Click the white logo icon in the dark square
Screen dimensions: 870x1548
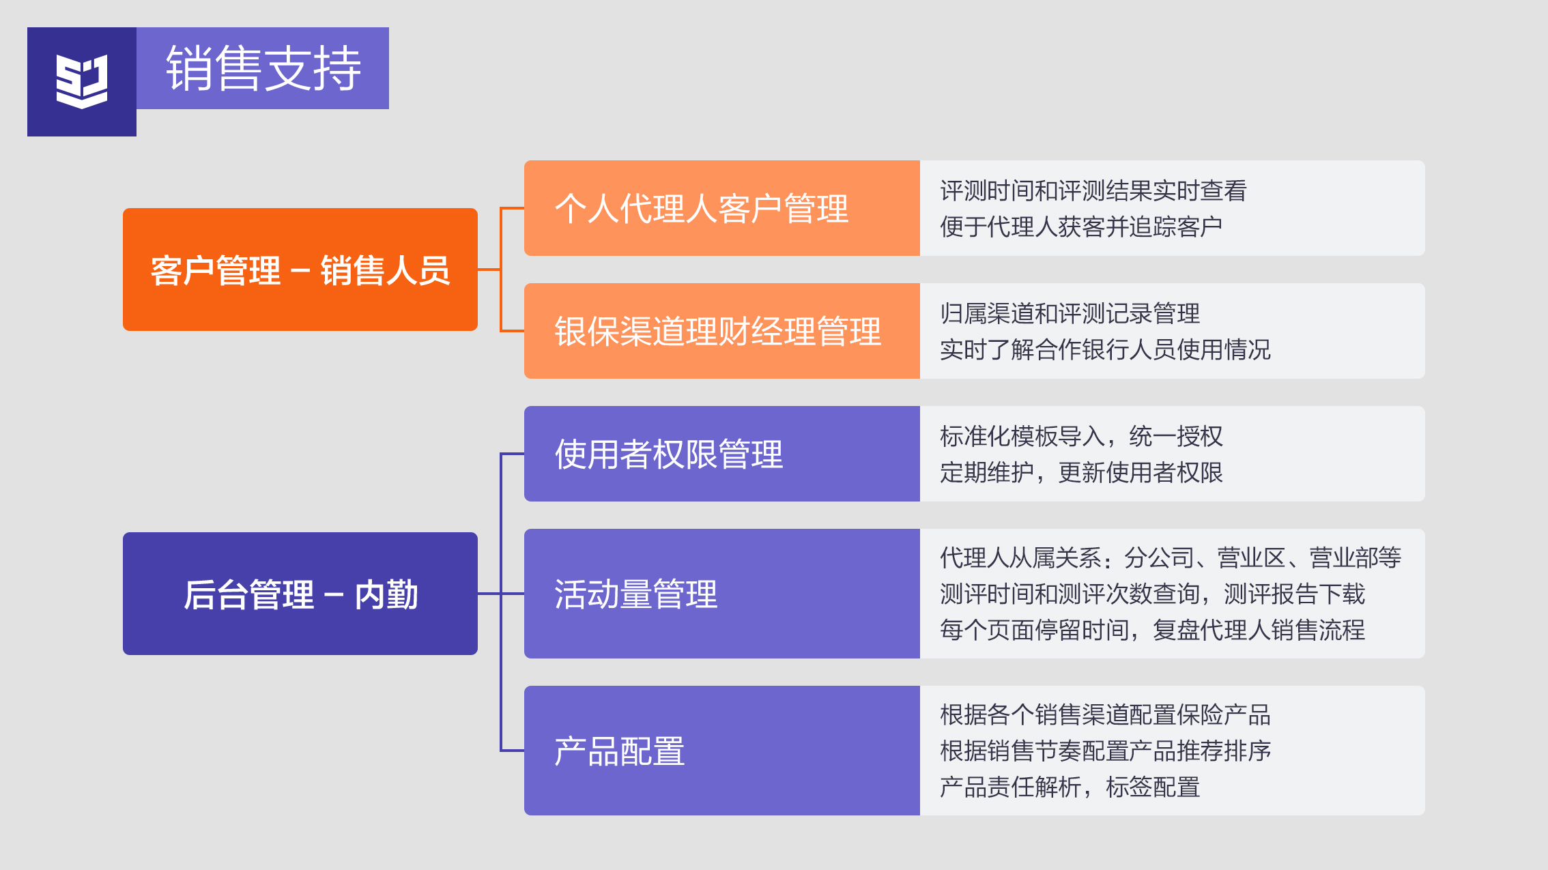click(82, 81)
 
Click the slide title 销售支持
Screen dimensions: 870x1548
click(263, 68)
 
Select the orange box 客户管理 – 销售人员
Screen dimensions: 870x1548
click(300, 270)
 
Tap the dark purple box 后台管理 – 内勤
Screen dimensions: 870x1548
click(300, 594)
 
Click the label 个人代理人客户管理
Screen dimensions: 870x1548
click(701, 208)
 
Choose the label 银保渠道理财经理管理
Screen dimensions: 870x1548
click(717, 332)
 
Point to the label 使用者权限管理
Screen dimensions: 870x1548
click(668, 454)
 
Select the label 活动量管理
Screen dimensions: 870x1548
click(635, 594)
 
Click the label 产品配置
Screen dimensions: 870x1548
click(619, 751)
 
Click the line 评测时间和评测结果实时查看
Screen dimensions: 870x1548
click(1093, 190)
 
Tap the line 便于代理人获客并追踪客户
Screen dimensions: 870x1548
click(1080, 227)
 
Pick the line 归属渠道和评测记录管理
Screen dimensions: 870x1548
click(1070, 313)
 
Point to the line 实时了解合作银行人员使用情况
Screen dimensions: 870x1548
click(1105, 349)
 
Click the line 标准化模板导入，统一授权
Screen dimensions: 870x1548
click(1081, 436)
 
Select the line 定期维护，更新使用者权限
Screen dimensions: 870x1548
click(1081, 472)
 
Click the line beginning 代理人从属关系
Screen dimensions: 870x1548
click(1170, 557)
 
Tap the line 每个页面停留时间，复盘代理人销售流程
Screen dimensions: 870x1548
click(1152, 630)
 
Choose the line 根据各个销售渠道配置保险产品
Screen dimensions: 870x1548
click(1105, 714)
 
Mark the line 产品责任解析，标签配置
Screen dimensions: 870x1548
click(1070, 787)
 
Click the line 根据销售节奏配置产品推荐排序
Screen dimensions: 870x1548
click(1105, 751)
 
